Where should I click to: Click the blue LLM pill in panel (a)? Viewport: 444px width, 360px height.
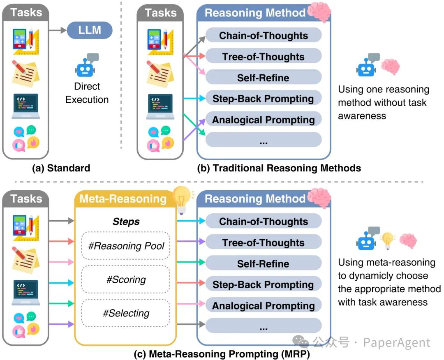point(89,30)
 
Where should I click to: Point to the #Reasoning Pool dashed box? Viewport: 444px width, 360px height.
point(126,246)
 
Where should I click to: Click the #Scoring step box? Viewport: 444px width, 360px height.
point(126,280)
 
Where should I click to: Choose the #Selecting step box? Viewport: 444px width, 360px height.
point(126,314)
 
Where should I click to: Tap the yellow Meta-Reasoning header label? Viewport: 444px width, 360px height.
point(123,199)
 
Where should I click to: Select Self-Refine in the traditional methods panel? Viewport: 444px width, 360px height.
point(263,78)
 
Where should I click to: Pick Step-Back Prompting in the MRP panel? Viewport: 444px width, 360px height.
point(263,285)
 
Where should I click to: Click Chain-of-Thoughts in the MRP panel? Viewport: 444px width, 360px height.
point(263,222)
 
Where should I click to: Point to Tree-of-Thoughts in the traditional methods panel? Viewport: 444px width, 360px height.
point(263,57)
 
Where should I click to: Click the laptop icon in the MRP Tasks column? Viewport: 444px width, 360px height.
point(25,292)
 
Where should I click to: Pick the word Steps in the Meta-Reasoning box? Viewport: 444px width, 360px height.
point(126,222)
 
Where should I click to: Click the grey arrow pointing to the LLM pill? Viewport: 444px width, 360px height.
point(57,30)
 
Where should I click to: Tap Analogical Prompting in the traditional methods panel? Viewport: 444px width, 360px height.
point(263,120)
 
